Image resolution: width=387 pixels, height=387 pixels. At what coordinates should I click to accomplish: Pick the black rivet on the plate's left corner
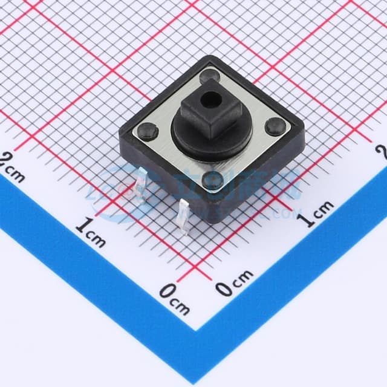pyautogui.click(x=148, y=129)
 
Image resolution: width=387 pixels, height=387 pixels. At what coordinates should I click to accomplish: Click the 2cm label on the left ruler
pyautogui.click(x=13, y=167)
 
